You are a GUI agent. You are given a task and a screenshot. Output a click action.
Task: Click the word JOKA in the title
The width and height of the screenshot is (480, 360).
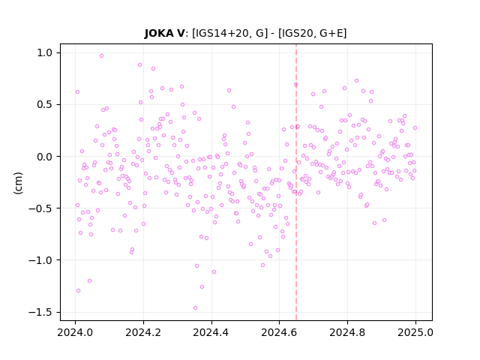(158, 33)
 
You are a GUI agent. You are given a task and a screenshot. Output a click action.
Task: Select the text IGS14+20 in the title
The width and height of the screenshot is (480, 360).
(220, 33)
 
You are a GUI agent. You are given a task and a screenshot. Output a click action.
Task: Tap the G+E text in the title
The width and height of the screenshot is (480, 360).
(331, 33)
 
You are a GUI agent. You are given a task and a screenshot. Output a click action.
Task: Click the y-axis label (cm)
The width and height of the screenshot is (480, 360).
(18, 183)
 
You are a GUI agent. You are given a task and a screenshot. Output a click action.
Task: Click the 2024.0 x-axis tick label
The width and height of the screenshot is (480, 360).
(75, 332)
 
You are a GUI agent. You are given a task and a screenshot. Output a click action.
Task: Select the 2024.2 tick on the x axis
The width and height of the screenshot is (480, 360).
(143, 332)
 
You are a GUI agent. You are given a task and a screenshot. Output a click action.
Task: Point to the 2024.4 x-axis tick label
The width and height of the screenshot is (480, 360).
(211, 332)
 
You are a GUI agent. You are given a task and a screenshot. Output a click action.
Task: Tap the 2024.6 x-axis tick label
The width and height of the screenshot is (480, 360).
(279, 332)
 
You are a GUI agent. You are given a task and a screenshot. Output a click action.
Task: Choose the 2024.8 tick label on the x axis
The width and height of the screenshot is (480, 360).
(347, 332)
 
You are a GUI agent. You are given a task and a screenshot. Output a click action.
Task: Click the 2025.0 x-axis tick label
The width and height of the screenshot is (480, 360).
(415, 332)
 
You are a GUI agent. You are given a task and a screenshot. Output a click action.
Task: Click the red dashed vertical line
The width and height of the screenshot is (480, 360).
(296, 182)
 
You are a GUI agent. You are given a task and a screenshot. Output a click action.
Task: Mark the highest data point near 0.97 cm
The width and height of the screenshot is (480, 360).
(102, 56)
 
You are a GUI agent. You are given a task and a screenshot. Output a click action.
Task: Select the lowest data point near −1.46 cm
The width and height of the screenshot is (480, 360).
(195, 308)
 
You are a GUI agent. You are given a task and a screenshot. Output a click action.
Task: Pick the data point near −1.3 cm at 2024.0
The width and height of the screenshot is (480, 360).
(78, 290)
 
